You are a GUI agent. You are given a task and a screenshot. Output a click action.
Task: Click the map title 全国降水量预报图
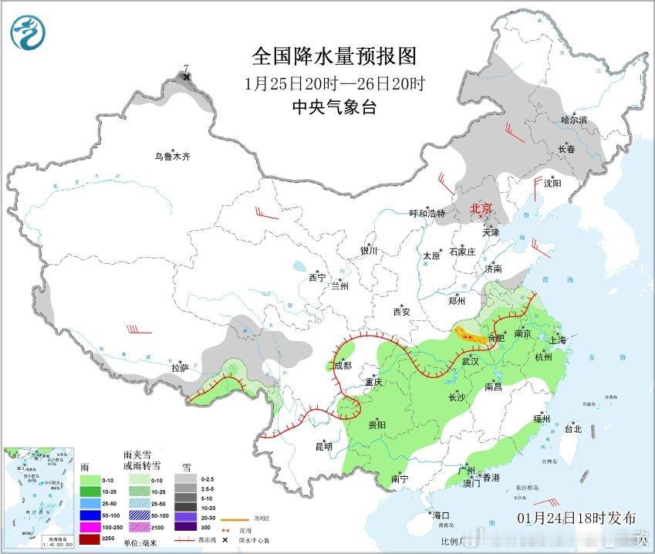[x=334, y=56]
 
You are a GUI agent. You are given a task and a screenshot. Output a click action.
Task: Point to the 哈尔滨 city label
[x=574, y=120]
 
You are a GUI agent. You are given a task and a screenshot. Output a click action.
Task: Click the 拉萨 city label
[x=180, y=368]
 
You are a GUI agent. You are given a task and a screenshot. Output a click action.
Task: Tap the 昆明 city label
[x=323, y=447]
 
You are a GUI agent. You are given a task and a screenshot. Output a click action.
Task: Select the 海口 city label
[x=441, y=515]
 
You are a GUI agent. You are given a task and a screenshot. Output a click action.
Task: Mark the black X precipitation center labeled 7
[x=186, y=77]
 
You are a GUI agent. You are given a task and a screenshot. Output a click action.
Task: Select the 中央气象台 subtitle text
[x=334, y=108]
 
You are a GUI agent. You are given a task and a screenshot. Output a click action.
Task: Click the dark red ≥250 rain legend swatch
[x=90, y=539]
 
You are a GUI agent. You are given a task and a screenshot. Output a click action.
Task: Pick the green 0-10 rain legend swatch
[x=90, y=478]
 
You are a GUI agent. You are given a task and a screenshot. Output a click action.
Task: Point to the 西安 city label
[x=402, y=312]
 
